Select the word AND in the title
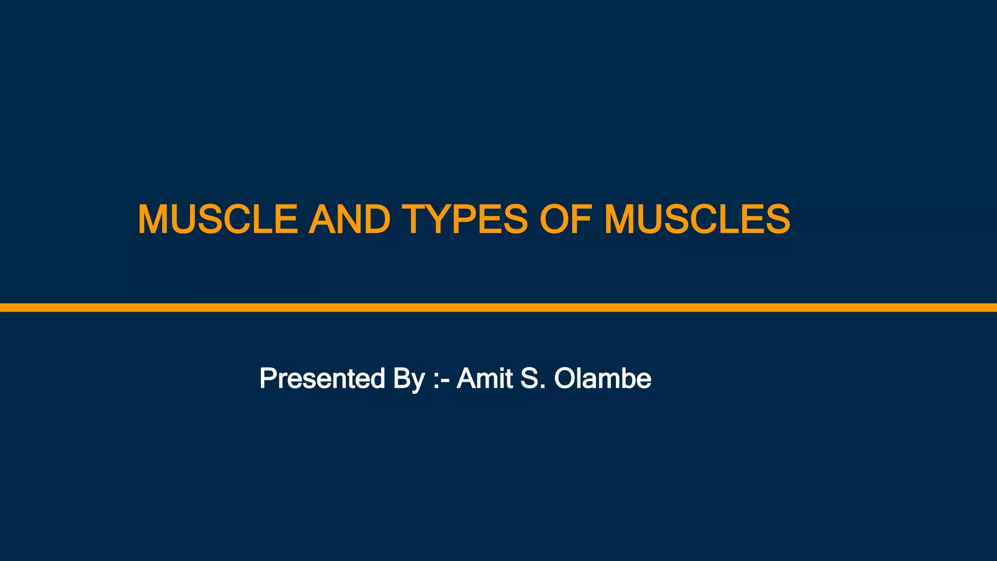[x=349, y=219]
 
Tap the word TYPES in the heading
[x=464, y=219]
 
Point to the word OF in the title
[x=565, y=219]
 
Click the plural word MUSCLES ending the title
[x=697, y=219]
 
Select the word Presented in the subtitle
[x=322, y=378]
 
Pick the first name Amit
[x=484, y=378]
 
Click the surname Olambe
[x=603, y=378]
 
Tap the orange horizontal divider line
[x=498, y=307]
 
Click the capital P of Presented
[x=268, y=378]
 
